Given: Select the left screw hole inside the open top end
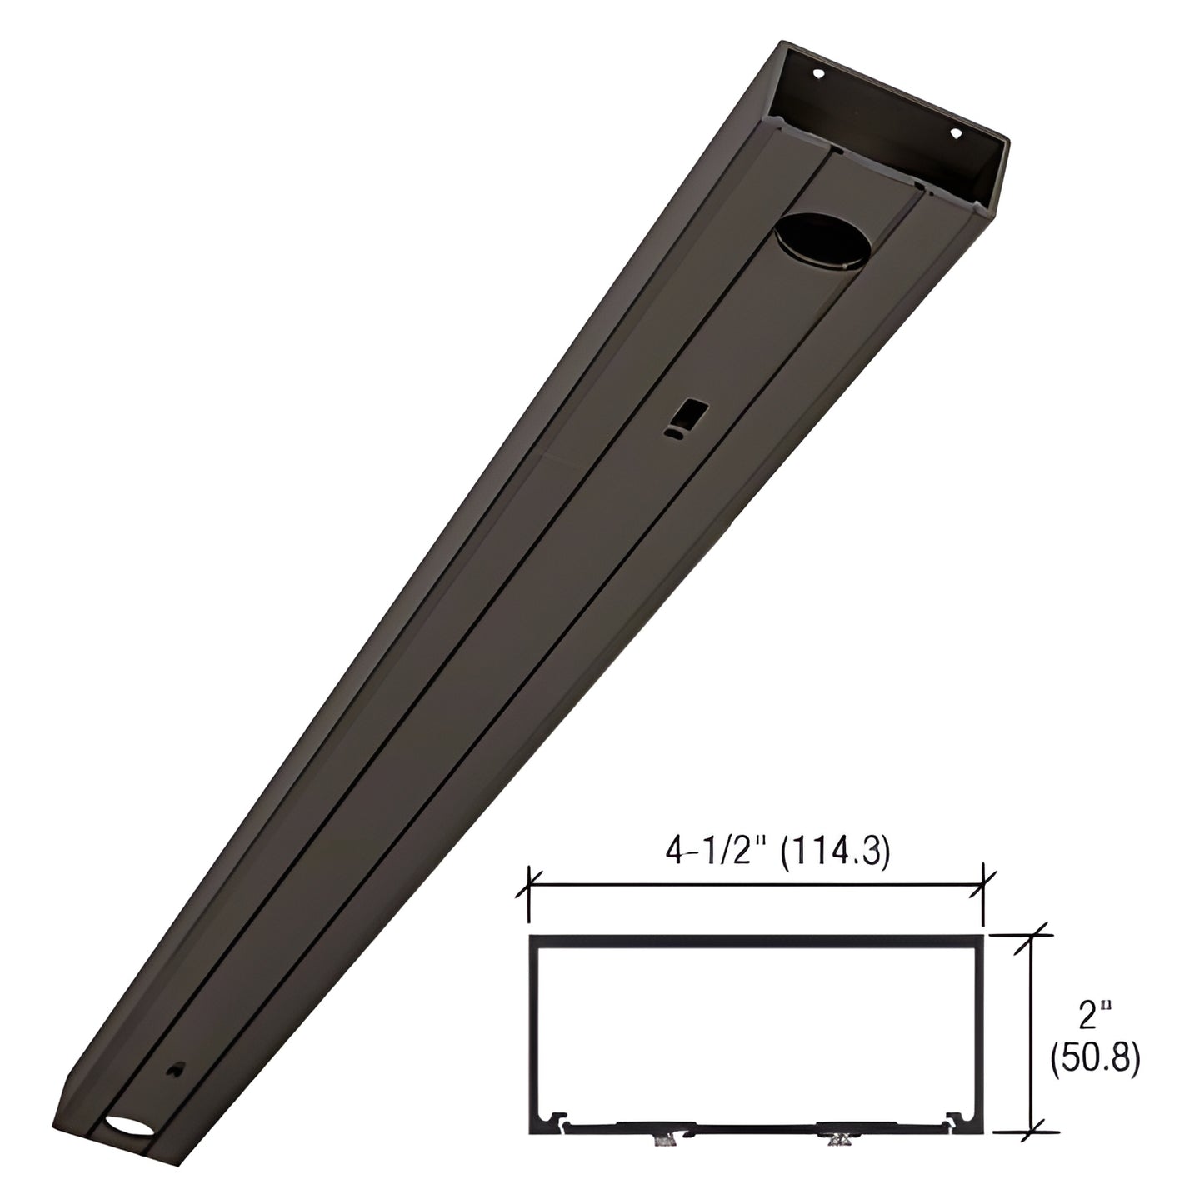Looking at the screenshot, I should coord(819,72).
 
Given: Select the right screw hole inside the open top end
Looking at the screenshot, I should coord(956,132).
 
